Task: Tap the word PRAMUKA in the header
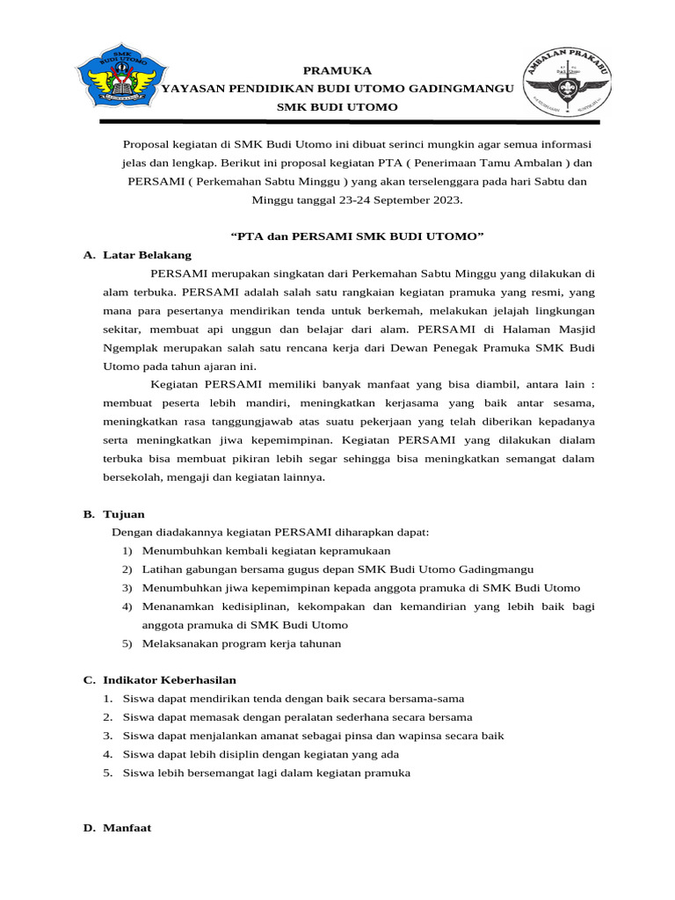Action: click(337, 70)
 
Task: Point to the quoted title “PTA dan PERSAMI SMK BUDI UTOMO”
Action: click(356, 237)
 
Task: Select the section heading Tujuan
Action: click(124, 514)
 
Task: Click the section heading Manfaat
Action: click(127, 827)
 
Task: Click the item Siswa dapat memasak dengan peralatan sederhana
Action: click(297, 717)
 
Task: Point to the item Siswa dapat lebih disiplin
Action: click(261, 754)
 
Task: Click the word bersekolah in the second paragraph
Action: click(132, 477)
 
